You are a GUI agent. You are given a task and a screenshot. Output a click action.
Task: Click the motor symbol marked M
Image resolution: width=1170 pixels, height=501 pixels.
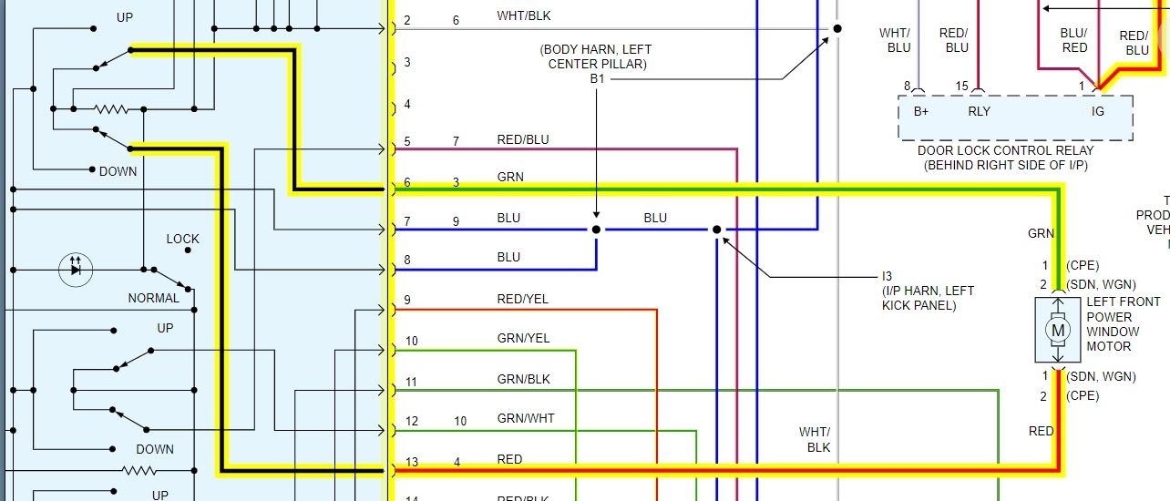point(1058,329)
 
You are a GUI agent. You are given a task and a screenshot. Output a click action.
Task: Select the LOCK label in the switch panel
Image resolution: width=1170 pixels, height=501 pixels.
point(182,239)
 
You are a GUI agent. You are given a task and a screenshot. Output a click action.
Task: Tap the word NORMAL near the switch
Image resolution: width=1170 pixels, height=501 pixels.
point(154,298)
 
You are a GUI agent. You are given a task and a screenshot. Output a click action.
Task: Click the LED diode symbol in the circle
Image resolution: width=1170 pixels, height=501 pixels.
point(76,269)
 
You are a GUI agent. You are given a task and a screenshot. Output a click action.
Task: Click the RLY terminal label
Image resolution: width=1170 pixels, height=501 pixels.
point(979,112)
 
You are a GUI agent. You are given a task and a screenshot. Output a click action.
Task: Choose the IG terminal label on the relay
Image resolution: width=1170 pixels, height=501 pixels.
point(1098,112)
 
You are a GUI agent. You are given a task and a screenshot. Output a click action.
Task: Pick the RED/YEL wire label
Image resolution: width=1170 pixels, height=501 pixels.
point(522,299)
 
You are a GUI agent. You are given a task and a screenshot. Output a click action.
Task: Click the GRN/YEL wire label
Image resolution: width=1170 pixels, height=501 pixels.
point(523,339)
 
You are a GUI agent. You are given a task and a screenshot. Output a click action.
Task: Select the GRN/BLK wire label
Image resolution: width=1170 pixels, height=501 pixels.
point(523,379)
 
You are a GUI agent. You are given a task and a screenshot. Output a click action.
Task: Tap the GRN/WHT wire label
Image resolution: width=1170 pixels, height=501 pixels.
point(524,419)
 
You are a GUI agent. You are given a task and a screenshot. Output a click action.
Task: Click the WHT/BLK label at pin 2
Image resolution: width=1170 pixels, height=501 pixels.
point(523,15)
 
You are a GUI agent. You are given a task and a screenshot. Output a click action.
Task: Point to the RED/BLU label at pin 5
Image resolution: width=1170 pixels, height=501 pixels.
point(522,139)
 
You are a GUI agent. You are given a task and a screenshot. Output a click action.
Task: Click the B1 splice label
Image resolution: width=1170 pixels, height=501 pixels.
point(597,79)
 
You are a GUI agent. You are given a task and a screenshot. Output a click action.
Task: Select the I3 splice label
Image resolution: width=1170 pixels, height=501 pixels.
point(888,275)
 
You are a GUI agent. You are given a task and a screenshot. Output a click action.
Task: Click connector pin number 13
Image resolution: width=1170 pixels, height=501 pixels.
point(412,462)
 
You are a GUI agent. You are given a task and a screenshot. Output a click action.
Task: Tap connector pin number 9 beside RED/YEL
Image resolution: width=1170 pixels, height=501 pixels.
point(407,300)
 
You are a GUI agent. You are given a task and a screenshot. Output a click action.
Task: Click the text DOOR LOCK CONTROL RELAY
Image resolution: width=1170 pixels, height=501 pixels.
point(1005,150)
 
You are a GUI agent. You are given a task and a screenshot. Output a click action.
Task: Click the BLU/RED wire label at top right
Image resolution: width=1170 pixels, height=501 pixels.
point(1074,40)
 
